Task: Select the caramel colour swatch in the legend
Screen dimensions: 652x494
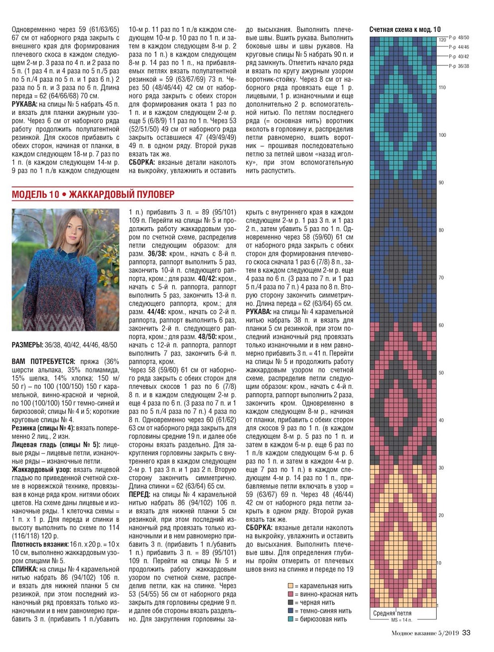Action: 290,586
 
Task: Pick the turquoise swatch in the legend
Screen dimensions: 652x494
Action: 290,619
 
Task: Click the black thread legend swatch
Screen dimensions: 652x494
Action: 290,603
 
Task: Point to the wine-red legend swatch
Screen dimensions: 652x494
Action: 290,594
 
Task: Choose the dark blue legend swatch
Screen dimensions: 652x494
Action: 290,611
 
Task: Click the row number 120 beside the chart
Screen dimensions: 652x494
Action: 442,40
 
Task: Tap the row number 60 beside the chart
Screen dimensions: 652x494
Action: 441,326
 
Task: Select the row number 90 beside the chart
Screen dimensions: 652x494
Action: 441,183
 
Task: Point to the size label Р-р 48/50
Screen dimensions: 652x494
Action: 459,37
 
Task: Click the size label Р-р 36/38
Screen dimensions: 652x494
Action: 459,66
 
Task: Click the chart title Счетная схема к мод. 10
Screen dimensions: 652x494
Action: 405,29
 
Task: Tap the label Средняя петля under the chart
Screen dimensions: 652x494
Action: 392,613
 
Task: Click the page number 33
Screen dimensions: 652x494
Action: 466,633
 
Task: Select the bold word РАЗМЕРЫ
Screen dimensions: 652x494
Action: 27,345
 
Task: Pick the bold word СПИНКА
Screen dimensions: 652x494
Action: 24,569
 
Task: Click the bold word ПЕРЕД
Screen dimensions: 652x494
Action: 139,494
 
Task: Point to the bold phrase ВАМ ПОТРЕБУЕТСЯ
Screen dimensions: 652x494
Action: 43,361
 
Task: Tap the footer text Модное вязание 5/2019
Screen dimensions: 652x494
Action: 425,634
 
